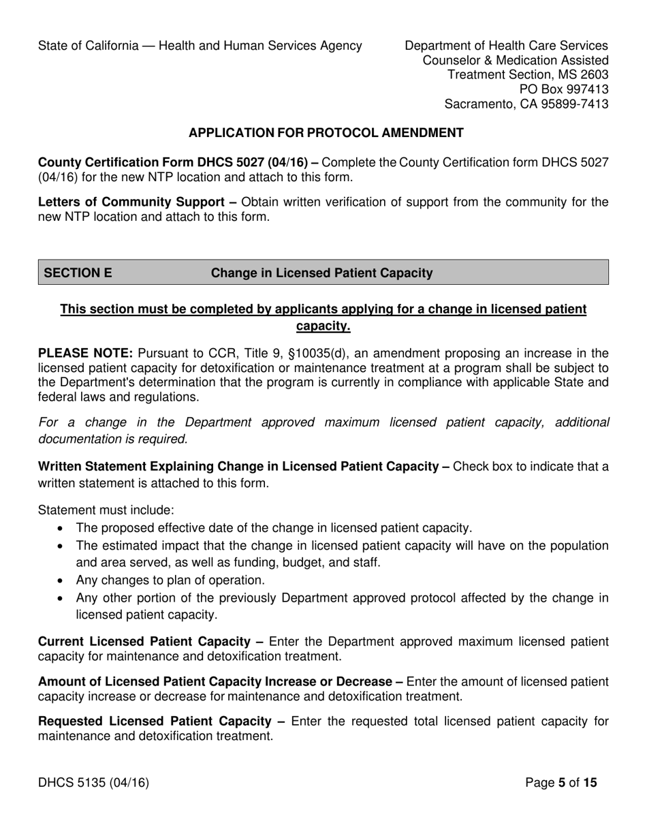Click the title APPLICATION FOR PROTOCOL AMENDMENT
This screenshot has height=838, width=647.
(326, 134)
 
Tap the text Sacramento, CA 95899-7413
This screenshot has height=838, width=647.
(526, 104)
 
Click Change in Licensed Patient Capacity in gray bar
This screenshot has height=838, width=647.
(321, 273)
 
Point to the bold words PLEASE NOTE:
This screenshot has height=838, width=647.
(86, 353)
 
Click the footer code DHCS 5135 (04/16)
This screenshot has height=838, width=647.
(93, 783)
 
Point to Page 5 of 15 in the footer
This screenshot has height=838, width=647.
(561, 783)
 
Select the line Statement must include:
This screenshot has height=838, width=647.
(106, 510)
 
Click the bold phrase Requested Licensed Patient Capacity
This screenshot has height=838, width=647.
(157, 721)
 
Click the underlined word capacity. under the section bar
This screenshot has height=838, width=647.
(323, 326)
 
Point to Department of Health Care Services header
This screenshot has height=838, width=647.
(506, 46)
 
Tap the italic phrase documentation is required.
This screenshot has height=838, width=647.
(112, 439)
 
